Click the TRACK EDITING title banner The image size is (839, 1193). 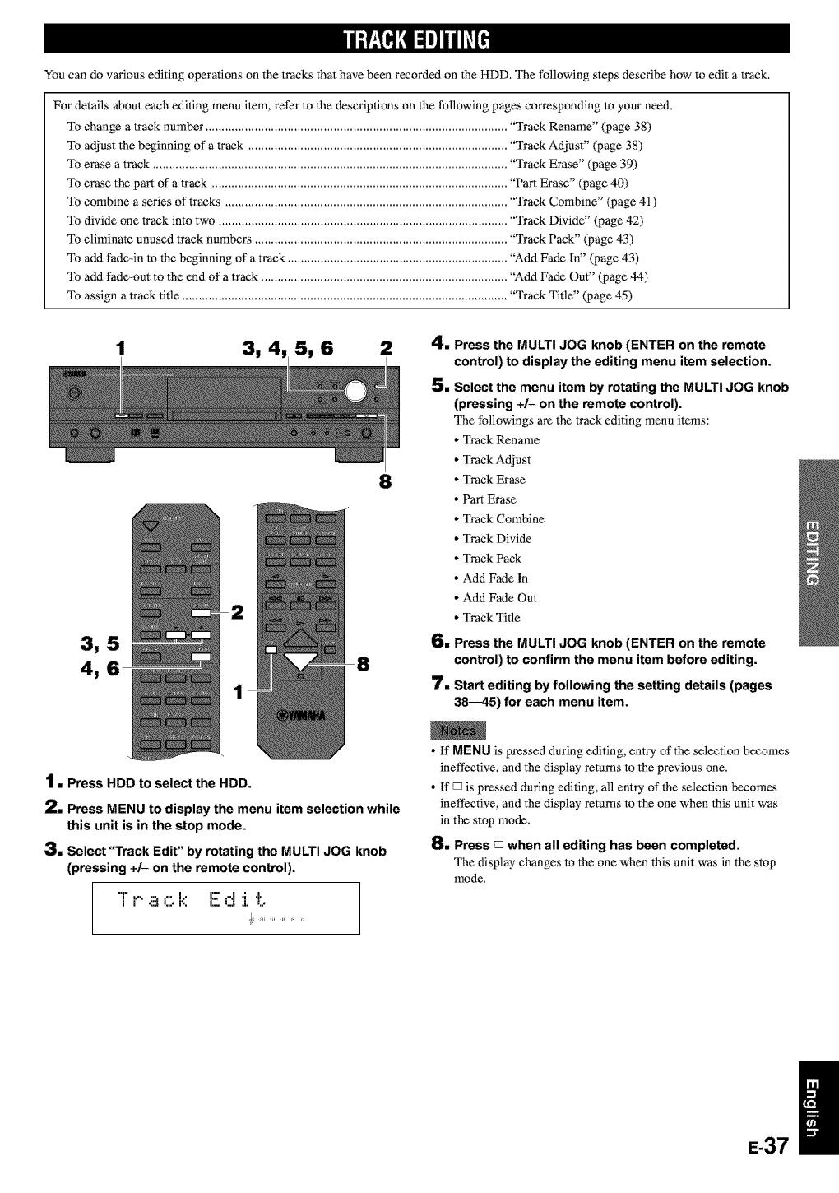point(419,39)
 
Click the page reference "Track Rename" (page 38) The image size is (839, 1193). point(580,127)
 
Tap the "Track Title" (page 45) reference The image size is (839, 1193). point(571,295)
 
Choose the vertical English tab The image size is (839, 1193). point(815,1106)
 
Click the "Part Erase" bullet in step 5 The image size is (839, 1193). point(489,499)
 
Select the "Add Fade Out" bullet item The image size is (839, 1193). point(499,598)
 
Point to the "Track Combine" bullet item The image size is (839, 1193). point(503,519)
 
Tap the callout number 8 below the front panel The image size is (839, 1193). point(383,480)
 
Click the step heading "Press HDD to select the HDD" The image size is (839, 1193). point(158,782)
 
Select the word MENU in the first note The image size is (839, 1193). point(471,750)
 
